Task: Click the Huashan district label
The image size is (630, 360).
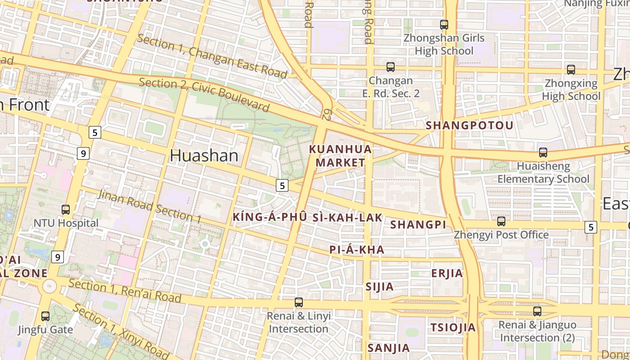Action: click(x=204, y=156)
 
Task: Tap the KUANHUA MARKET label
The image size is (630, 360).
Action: click(x=341, y=156)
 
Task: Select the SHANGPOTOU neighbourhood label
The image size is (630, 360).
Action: click(x=469, y=126)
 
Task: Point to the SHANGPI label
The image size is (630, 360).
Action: click(x=418, y=225)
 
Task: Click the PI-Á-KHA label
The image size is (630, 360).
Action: click(x=357, y=250)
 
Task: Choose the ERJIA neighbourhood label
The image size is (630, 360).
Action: click(x=447, y=274)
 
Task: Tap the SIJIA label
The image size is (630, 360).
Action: click(x=379, y=287)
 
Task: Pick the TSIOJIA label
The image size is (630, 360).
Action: click(x=453, y=328)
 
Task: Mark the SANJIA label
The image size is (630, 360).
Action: click(x=388, y=348)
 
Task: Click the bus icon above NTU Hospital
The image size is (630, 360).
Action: click(x=66, y=210)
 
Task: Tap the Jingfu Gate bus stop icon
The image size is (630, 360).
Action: click(x=45, y=316)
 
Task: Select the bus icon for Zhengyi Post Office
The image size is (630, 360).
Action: click(x=501, y=221)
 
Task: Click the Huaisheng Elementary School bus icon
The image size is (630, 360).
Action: click(x=543, y=153)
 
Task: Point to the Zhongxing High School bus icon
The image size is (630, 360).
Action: click(x=571, y=70)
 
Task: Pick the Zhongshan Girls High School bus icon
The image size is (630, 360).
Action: click(x=444, y=25)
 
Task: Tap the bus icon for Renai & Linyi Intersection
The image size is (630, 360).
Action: click(x=299, y=302)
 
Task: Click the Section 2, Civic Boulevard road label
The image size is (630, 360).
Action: click(x=204, y=94)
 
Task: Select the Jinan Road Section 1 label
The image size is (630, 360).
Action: click(x=149, y=207)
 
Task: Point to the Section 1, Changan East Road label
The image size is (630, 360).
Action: click(x=211, y=56)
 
